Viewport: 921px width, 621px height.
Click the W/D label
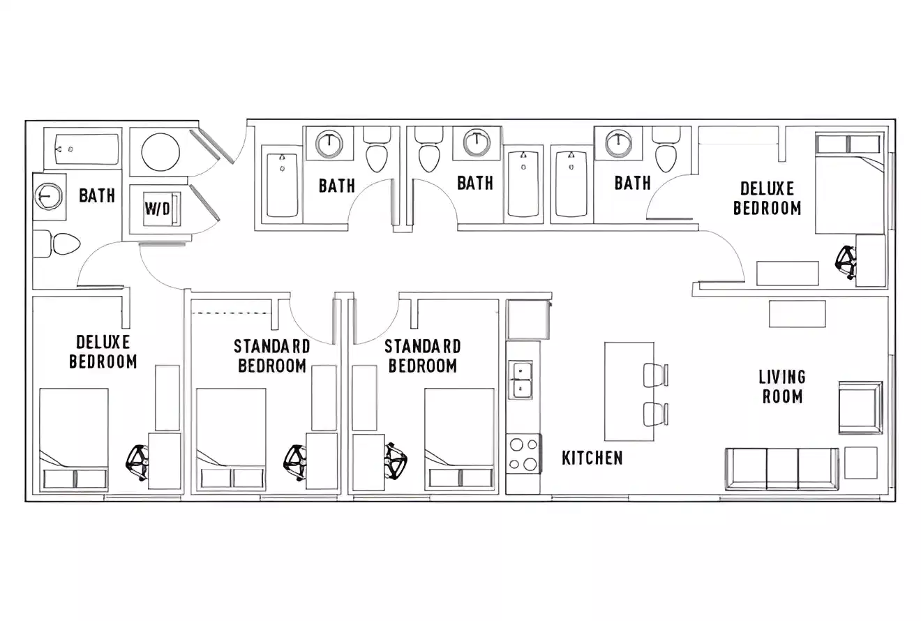coord(157,209)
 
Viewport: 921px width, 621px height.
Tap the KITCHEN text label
coord(592,458)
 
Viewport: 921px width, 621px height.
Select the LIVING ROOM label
coord(781,387)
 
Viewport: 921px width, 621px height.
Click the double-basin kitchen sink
coord(520,380)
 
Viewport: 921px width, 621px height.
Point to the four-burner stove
coord(523,454)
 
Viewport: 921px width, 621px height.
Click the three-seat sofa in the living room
coord(781,469)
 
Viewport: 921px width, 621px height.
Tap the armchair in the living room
coord(860,407)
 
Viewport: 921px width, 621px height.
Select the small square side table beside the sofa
coord(860,463)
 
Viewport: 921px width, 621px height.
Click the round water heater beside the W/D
coord(160,151)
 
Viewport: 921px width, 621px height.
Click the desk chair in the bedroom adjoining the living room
coord(846,261)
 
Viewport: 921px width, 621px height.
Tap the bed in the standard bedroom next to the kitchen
coord(459,437)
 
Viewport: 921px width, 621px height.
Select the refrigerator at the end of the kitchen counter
coord(527,320)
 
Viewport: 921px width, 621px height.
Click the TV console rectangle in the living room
coord(797,314)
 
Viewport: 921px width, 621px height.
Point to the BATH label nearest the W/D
coord(96,195)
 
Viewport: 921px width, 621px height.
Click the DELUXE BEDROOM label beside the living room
coord(767,198)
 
